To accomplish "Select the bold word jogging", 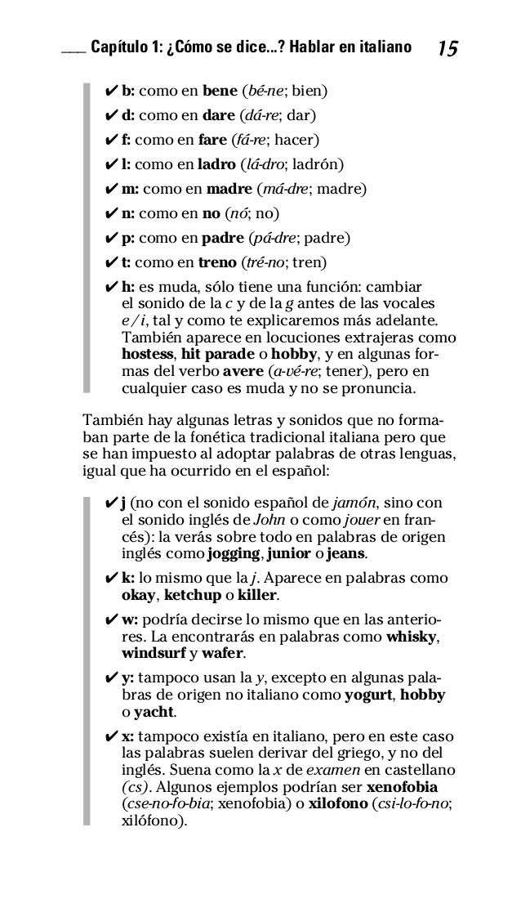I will pyautogui.click(x=234, y=555).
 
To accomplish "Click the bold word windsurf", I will pyautogui.click(x=154, y=654).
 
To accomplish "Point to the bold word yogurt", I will pyautogui.click(x=367, y=695).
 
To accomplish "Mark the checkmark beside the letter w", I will pyautogui.click(x=112, y=619).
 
